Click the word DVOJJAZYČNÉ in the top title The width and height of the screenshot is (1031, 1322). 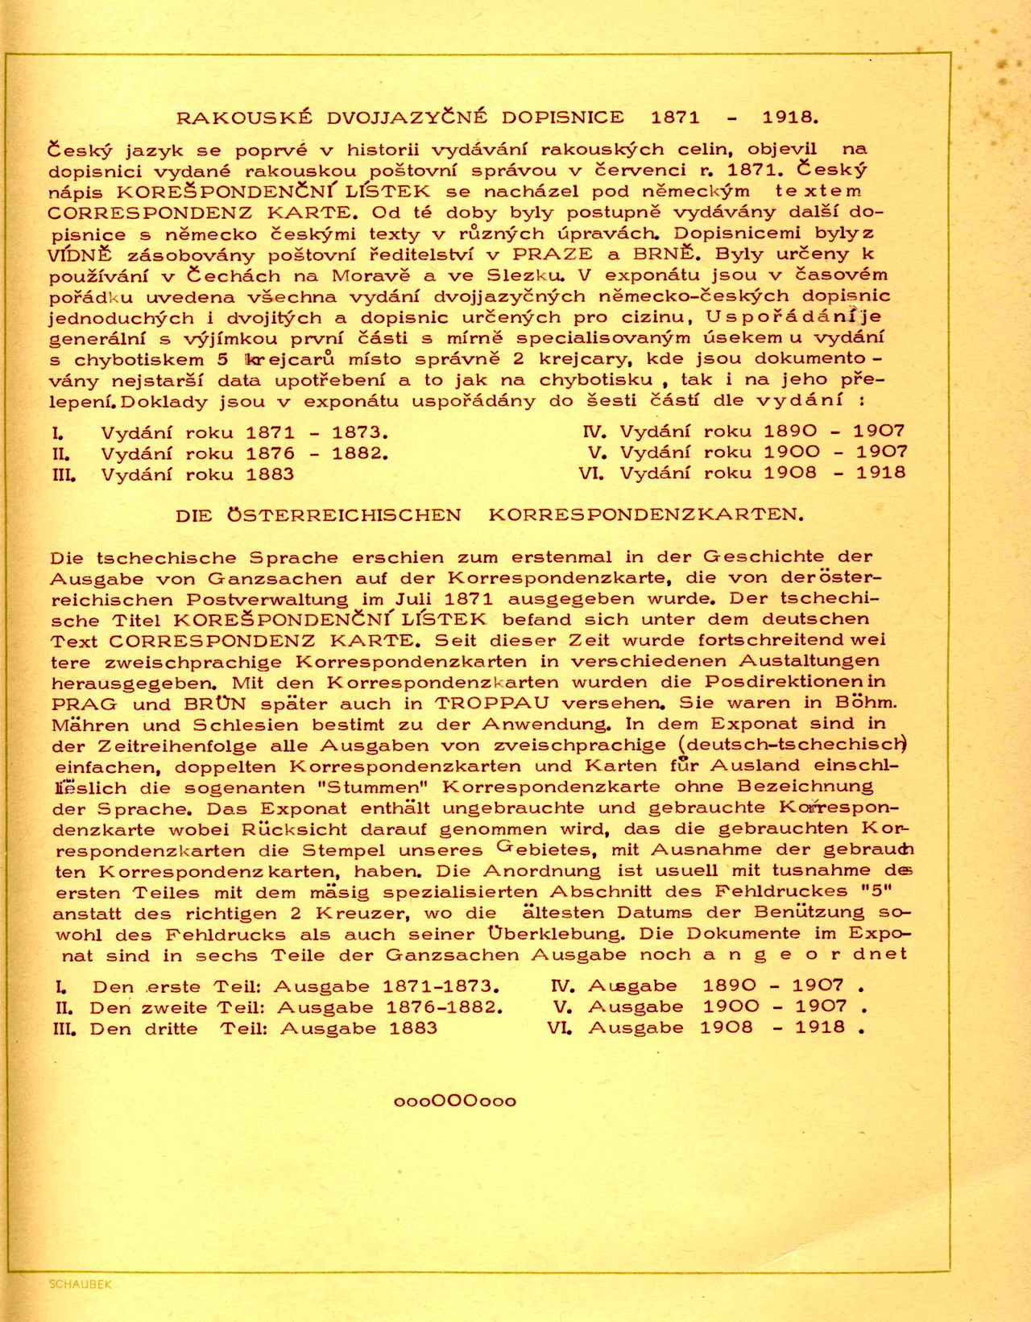click(x=407, y=118)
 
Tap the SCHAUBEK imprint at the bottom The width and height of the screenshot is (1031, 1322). click(x=80, y=1284)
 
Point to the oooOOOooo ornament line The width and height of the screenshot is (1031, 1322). click(x=455, y=1101)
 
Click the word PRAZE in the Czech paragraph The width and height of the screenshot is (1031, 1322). click(x=552, y=254)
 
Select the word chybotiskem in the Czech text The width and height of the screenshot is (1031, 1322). click(x=139, y=360)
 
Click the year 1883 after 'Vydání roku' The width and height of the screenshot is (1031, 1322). click(x=270, y=474)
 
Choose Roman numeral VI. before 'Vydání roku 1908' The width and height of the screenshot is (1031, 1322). click(x=591, y=473)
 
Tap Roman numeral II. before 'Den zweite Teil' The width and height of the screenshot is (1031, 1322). click(x=65, y=1007)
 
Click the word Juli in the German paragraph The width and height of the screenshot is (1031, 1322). click(x=413, y=599)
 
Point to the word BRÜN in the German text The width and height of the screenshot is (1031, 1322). click(x=215, y=703)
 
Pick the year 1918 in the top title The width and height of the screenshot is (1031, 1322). click(x=790, y=118)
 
